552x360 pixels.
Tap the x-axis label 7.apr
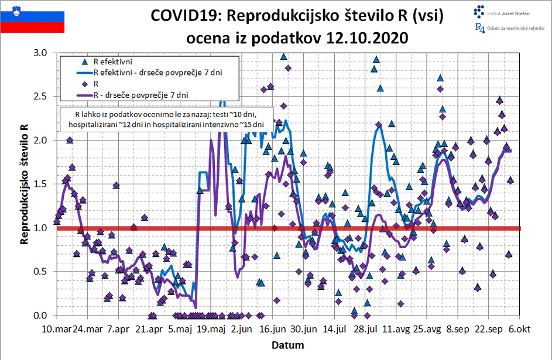(118, 329)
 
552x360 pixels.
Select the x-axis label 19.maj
(210, 329)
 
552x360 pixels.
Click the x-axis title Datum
(287, 345)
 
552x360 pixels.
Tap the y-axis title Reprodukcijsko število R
(25, 184)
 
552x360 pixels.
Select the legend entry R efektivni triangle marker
(84, 61)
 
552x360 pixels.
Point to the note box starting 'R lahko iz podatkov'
(166, 119)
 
